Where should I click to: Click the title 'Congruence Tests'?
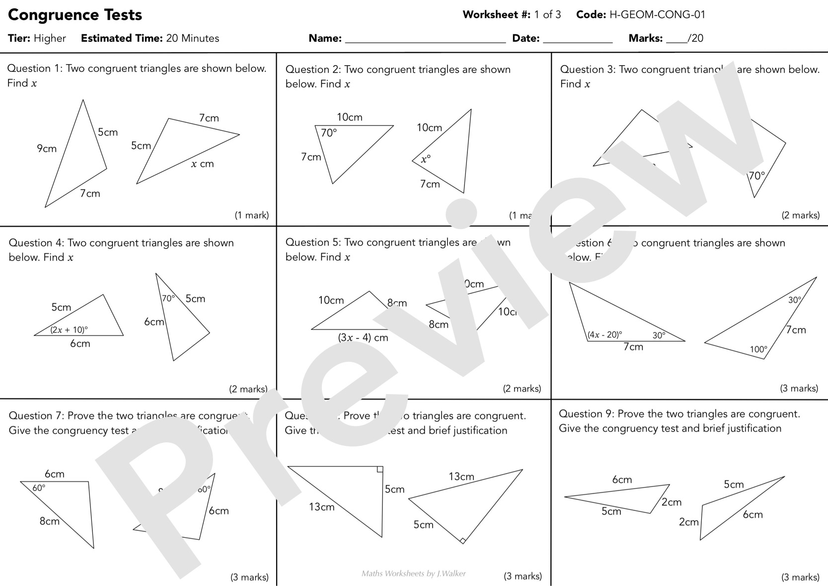(x=75, y=15)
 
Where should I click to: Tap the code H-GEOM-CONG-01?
(x=657, y=14)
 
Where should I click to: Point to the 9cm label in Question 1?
(x=47, y=148)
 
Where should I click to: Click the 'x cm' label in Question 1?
(x=202, y=164)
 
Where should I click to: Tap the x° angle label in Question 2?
(x=426, y=159)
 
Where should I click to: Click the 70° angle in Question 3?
(x=756, y=176)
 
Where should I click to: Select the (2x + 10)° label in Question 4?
(x=69, y=330)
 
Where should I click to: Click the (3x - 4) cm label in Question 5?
(x=363, y=337)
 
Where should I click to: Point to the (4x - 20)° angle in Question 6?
(x=604, y=335)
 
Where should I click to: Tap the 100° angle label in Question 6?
(x=758, y=349)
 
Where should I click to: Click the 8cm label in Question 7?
(x=49, y=521)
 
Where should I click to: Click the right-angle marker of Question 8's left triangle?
(x=379, y=469)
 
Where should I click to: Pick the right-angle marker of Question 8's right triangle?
(x=462, y=540)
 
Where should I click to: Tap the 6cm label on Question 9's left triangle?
(x=622, y=480)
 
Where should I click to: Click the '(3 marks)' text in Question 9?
(x=800, y=577)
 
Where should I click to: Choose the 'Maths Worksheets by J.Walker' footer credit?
(x=414, y=574)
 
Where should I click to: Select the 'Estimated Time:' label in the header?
(x=122, y=38)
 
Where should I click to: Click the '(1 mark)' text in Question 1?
(x=252, y=215)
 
